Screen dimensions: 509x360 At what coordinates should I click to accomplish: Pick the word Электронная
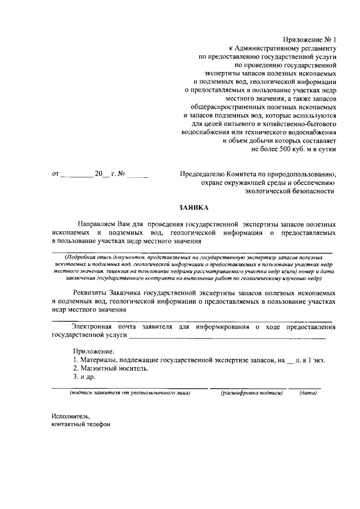94,327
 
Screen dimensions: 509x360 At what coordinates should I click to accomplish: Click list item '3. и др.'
84,378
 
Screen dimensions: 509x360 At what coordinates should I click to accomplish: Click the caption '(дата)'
308,394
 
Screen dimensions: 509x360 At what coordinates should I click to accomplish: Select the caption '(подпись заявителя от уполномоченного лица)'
130,394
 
